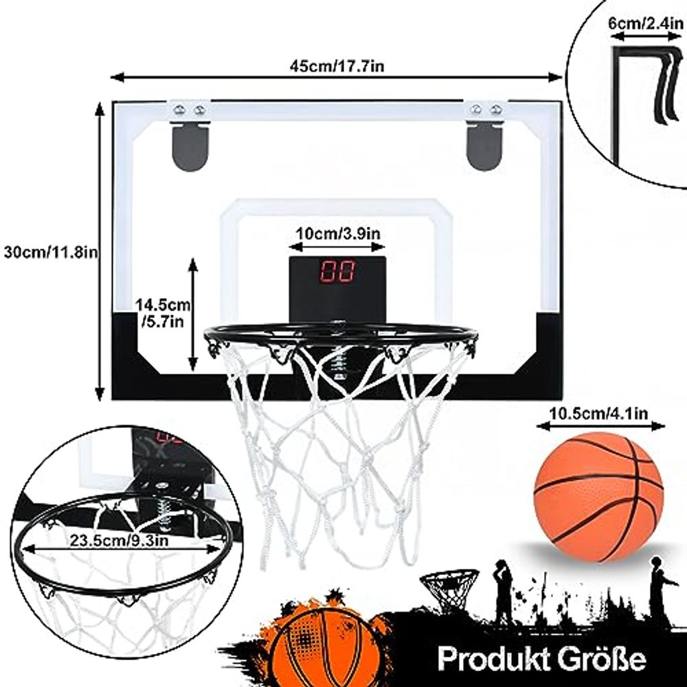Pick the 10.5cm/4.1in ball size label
(599, 414)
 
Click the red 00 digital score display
(337, 271)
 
